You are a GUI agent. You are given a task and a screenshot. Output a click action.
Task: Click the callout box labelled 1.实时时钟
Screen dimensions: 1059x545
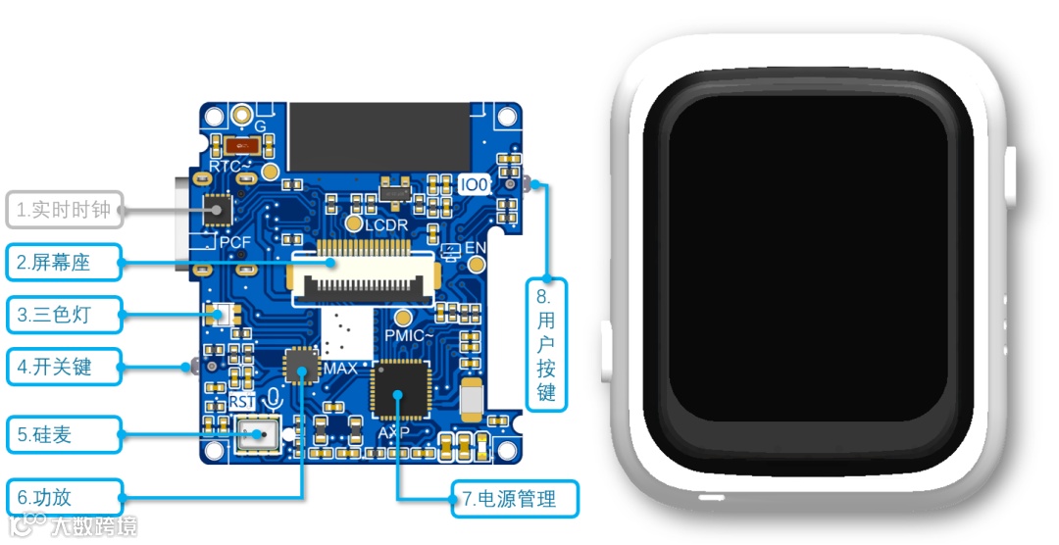click(x=65, y=209)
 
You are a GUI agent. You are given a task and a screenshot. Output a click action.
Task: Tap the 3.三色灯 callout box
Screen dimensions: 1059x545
click(x=64, y=315)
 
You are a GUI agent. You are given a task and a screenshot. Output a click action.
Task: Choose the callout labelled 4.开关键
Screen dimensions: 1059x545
click(x=64, y=367)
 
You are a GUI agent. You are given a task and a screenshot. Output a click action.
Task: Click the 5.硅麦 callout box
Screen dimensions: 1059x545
click(x=64, y=434)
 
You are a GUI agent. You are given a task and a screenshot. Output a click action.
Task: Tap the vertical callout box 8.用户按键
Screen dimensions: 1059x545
click(x=546, y=343)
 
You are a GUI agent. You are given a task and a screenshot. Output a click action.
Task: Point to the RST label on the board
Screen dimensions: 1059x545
click(x=242, y=402)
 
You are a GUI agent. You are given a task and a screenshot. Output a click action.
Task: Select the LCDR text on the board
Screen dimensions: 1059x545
click(x=386, y=225)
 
